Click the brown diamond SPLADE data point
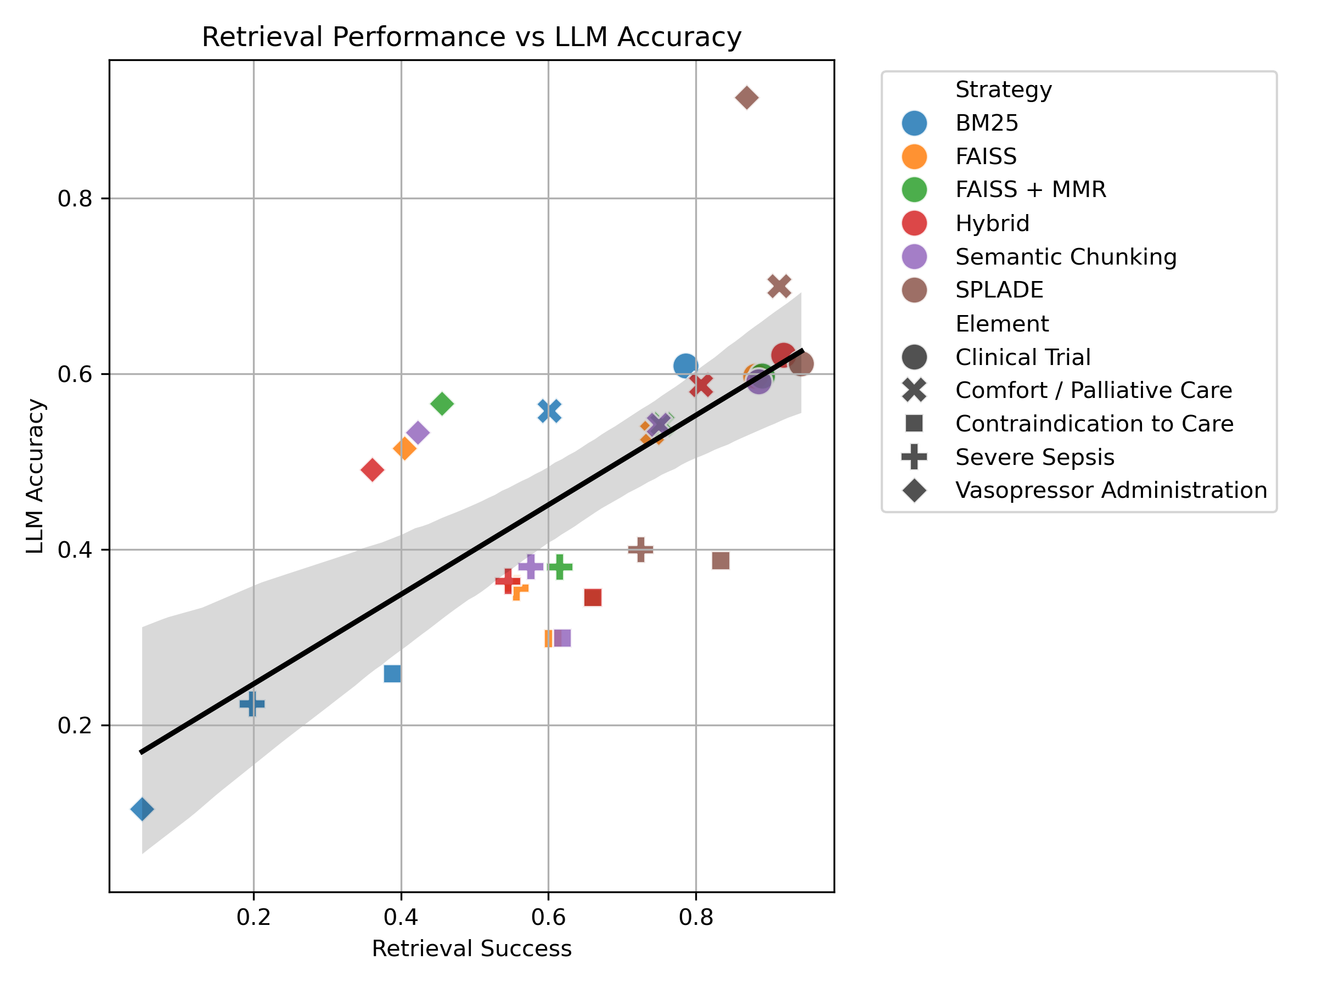[747, 98]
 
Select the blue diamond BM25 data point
[142, 809]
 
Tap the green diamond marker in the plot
[442, 403]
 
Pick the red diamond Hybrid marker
[372, 470]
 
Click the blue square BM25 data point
[392, 673]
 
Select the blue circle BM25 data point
[685, 365]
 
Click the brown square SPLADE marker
[721, 560]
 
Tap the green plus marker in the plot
[560, 566]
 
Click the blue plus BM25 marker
[252, 704]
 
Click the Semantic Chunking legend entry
[1066, 257]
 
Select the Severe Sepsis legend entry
[1034, 457]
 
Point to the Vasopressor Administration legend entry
[1111, 490]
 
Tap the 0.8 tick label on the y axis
[75, 198]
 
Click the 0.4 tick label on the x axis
[401, 917]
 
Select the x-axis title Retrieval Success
[471, 948]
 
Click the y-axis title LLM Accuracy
[36, 476]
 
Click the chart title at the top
[471, 37]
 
